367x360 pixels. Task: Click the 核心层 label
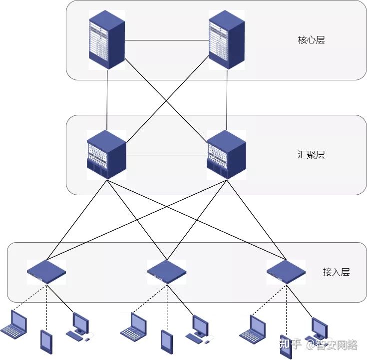click(311, 40)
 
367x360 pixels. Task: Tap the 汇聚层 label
click(311, 155)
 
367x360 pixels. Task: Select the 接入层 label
click(336, 272)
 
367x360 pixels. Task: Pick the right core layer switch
click(227, 40)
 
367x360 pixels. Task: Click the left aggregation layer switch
click(106, 155)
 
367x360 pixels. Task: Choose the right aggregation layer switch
click(226, 155)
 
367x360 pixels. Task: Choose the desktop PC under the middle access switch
click(199, 328)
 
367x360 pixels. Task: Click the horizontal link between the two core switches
click(166, 40)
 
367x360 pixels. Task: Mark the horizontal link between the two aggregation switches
click(166, 155)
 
